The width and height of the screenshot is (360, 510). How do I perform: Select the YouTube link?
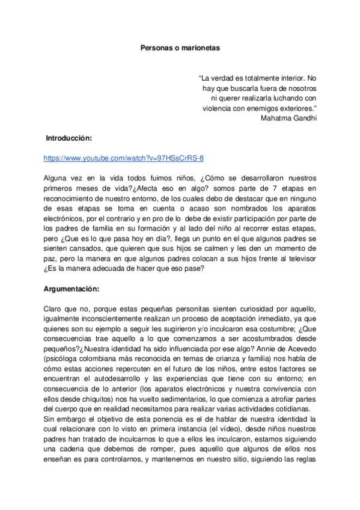tap(124, 158)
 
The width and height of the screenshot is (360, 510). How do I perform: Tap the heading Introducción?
tap(69, 138)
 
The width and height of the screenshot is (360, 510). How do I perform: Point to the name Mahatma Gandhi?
tap(289, 118)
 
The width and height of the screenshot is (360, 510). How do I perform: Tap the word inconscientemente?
tap(109, 319)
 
